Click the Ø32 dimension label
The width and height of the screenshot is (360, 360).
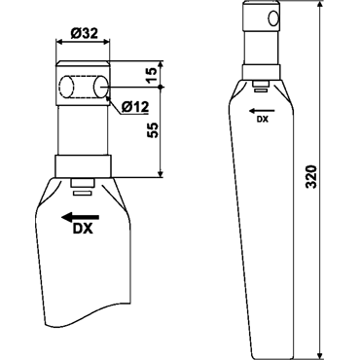click(x=85, y=33)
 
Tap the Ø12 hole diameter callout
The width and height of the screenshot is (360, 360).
click(x=135, y=106)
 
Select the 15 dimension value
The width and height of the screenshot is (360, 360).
click(x=152, y=75)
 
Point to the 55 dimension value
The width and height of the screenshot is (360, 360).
click(x=153, y=130)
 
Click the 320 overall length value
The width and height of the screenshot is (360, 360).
click(x=311, y=176)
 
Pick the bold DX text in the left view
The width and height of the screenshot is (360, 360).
click(x=83, y=229)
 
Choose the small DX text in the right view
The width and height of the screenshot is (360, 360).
click(x=263, y=120)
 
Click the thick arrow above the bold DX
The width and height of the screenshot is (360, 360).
click(x=81, y=217)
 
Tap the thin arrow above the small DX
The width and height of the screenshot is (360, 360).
click(x=262, y=111)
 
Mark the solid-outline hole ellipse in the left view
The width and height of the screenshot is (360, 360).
click(x=100, y=87)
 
